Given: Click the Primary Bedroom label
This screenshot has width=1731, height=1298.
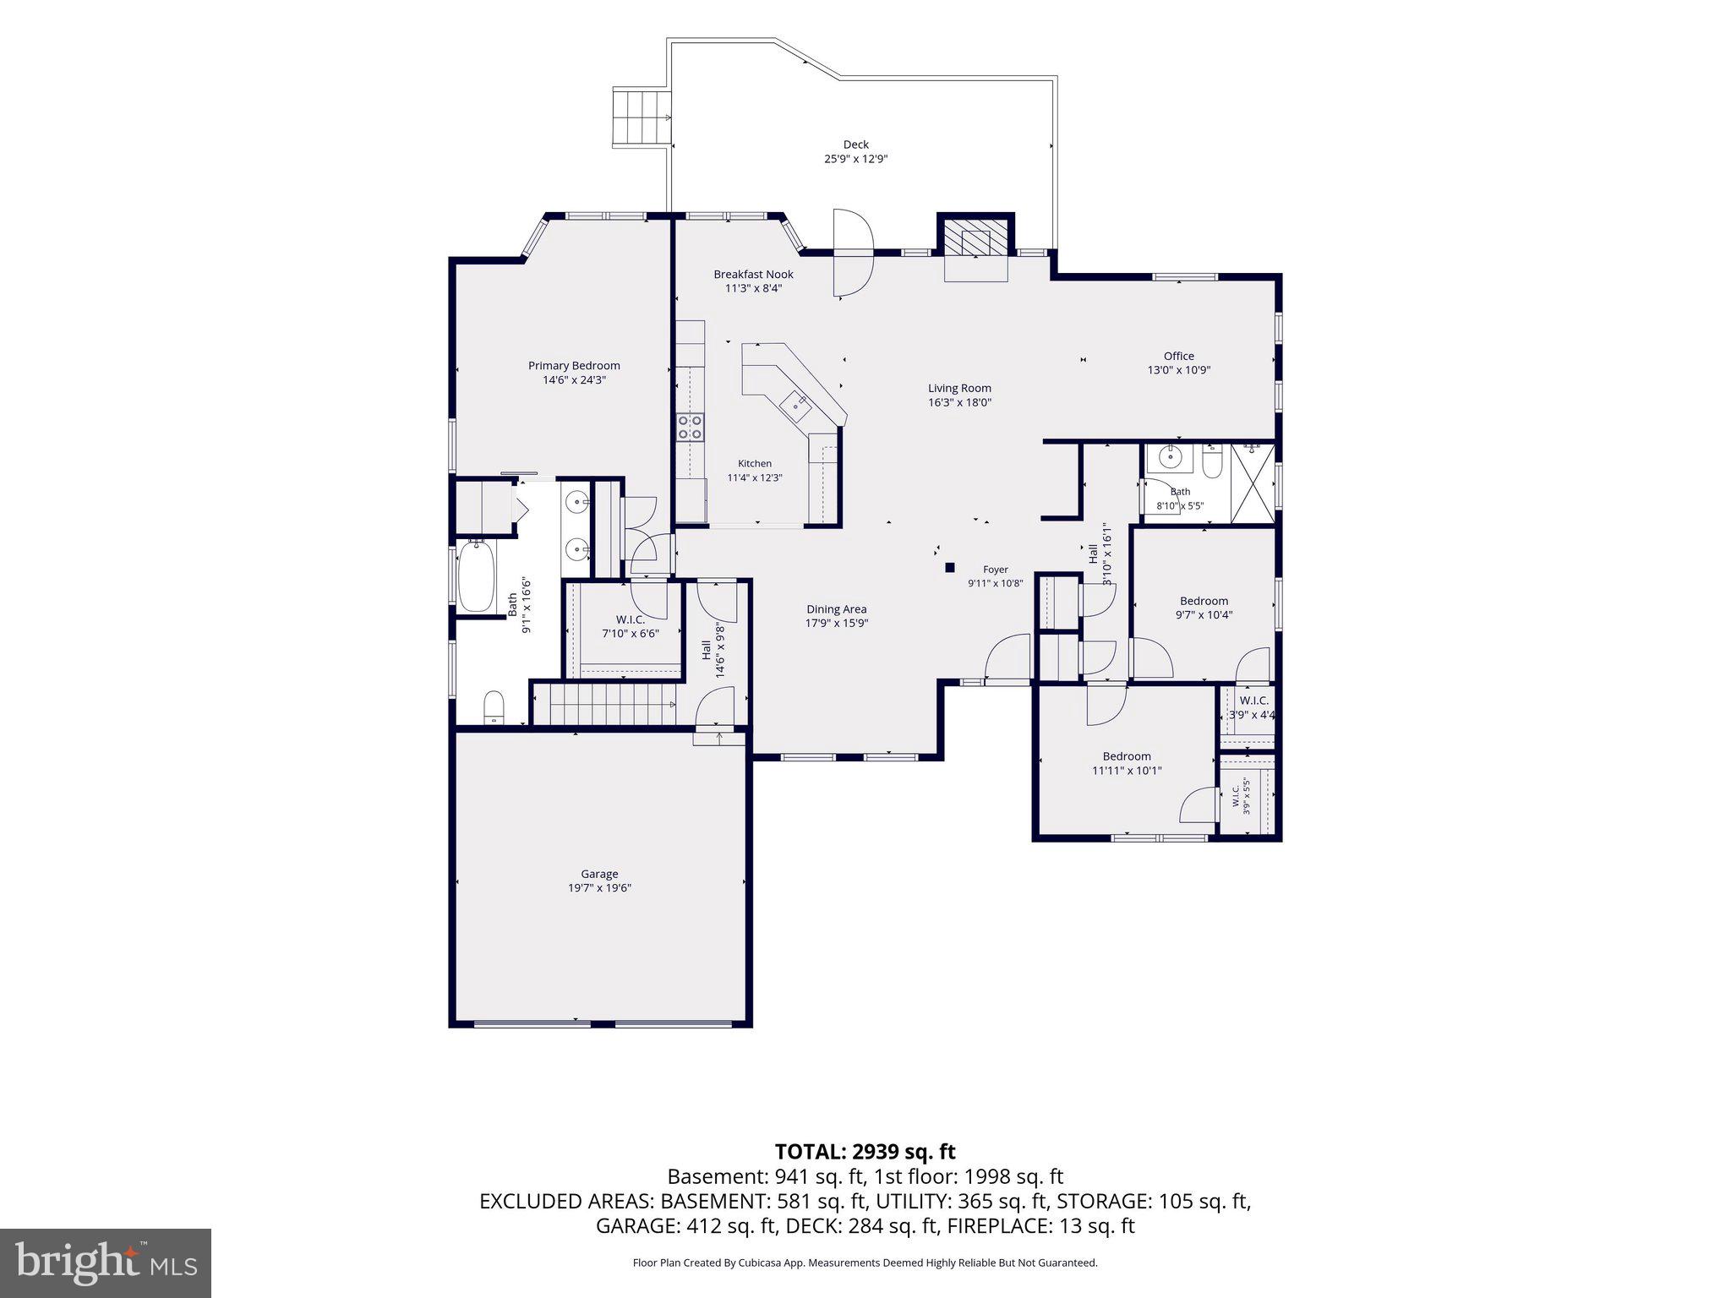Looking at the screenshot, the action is pyautogui.click(x=574, y=366).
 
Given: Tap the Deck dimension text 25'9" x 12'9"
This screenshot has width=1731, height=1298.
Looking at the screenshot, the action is pyautogui.click(x=855, y=159).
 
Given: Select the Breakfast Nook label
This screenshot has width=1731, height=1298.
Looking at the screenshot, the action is pyautogui.click(x=753, y=274).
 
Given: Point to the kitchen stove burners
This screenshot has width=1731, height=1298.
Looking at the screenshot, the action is pyautogui.click(x=691, y=427).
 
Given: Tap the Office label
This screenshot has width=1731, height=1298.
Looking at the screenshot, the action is pyautogui.click(x=1178, y=356).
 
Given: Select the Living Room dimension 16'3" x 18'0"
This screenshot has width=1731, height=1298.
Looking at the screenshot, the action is pyautogui.click(x=959, y=403).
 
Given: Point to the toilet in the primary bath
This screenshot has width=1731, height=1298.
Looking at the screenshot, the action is pyautogui.click(x=494, y=707).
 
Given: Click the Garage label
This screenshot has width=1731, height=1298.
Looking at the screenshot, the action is pyautogui.click(x=599, y=874).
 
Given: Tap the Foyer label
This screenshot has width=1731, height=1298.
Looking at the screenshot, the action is pyautogui.click(x=996, y=570).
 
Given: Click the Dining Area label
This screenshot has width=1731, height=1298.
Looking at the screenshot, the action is pyautogui.click(x=836, y=609).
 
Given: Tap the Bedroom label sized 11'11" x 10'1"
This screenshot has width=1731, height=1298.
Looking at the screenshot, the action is pyautogui.click(x=1127, y=756).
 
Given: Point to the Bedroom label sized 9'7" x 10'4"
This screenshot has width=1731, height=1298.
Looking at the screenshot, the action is pyautogui.click(x=1204, y=602).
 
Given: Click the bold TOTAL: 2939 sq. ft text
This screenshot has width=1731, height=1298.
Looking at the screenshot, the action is pyautogui.click(x=865, y=1151).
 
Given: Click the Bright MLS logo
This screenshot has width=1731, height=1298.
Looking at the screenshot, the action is pyautogui.click(x=106, y=1263).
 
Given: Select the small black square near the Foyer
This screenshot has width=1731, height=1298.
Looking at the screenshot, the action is pyautogui.click(x=949, y=568).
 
